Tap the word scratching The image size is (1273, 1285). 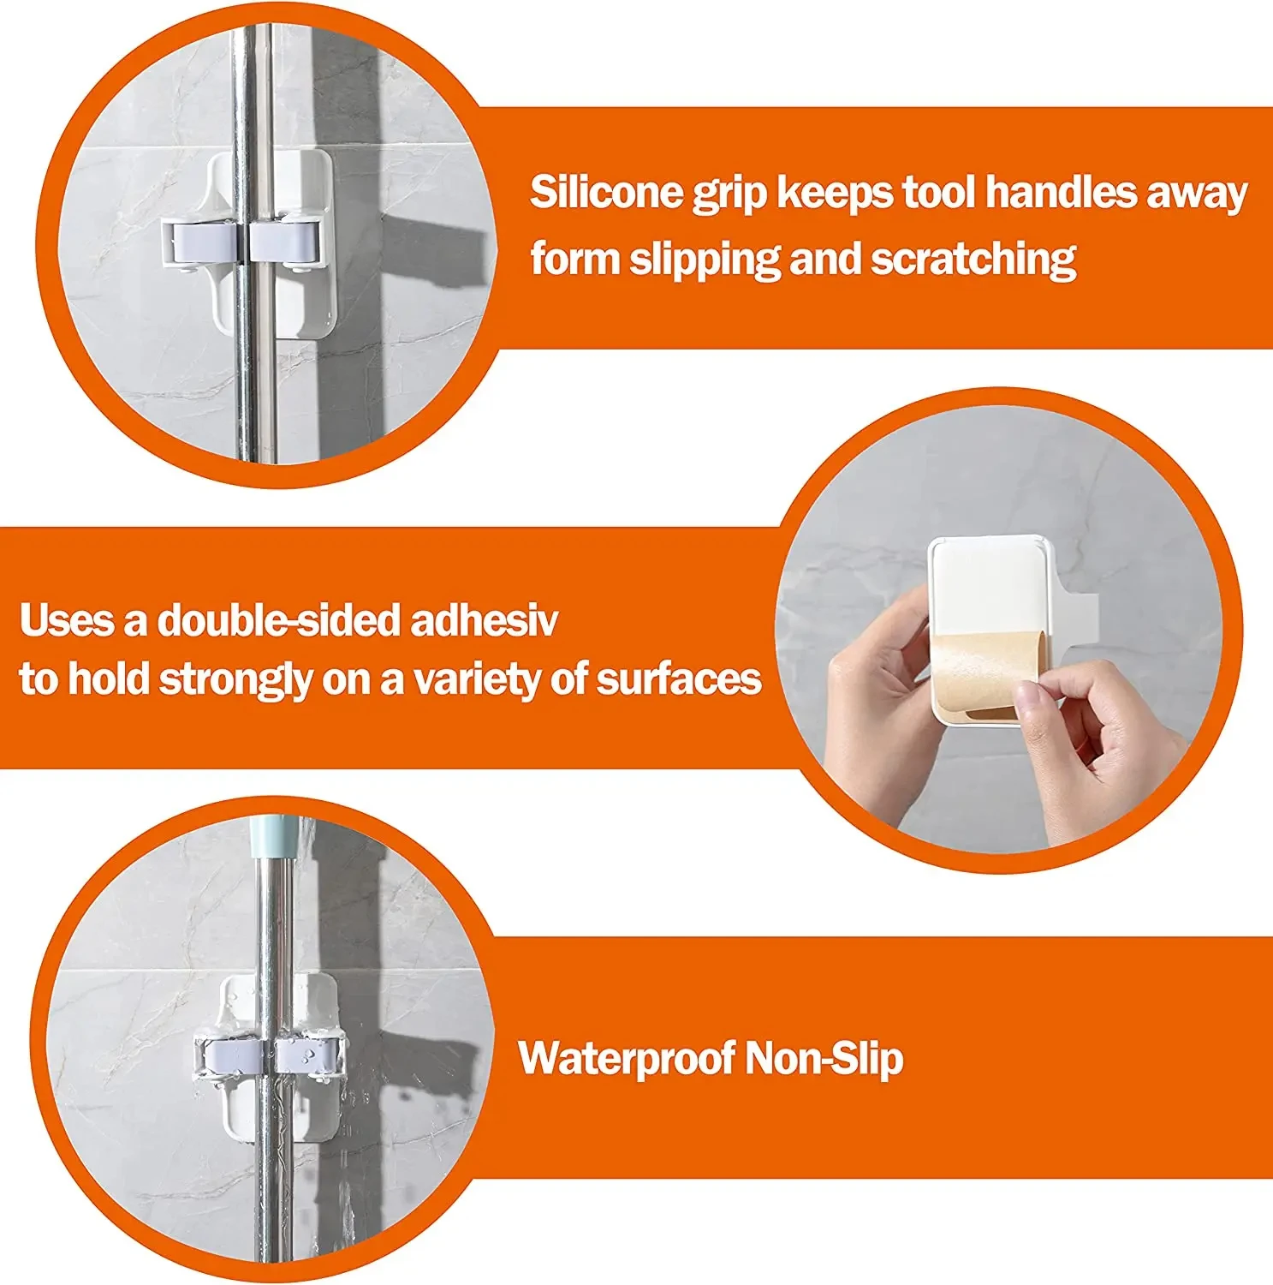[973, 259]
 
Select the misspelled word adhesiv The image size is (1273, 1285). [485, 620]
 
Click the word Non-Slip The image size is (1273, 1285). [824, 1058]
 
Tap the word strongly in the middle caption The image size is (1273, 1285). [236, 680]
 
